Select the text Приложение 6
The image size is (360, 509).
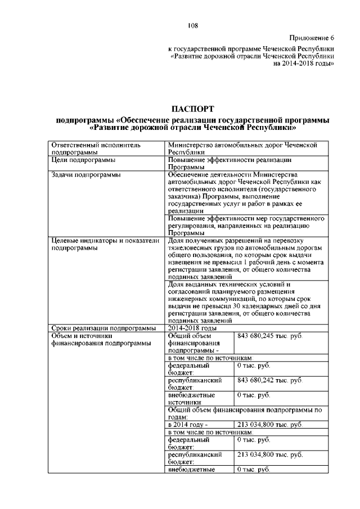pos(312,38)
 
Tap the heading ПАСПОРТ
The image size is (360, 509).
pos(192,109)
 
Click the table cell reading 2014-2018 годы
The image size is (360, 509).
pos(192,328)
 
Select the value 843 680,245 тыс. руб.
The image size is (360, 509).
pos(270,336)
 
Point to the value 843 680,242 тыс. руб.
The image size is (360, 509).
pos(270,380)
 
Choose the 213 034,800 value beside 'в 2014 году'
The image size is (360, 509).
pos(270,424)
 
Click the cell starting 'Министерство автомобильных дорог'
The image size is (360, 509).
pos(242,148)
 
